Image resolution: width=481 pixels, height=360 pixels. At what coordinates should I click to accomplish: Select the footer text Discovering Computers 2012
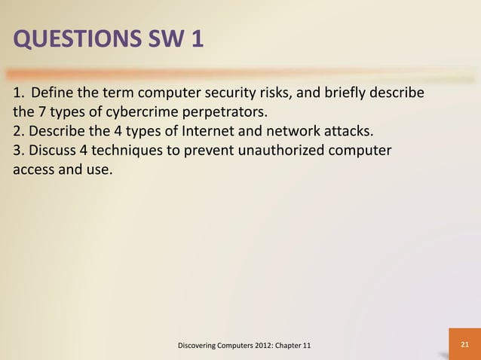[226, 345]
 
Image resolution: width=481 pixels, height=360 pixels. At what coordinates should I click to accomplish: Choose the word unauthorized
[282, 151]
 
